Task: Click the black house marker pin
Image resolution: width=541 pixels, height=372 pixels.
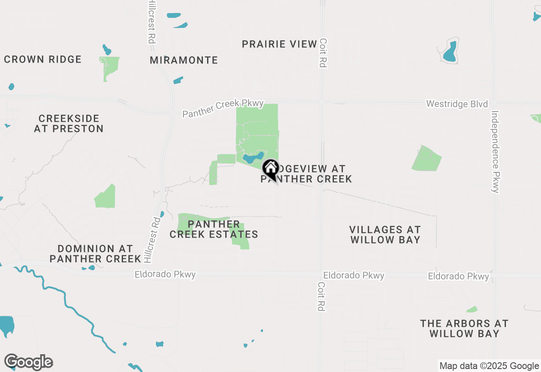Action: click(270, 169)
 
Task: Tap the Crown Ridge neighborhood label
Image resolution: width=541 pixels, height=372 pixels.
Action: click(43, 59)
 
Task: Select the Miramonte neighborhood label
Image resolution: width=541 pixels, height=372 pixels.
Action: click(184, 60)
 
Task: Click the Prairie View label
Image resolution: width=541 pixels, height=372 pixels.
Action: click(279, 44)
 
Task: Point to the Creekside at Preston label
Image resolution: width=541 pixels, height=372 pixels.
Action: click(69, 123)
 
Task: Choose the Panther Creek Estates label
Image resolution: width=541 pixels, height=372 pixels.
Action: click(214, 229)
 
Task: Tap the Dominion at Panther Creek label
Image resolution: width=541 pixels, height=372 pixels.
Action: click(95, 254)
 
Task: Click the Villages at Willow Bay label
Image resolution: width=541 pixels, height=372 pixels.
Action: click(385, 235)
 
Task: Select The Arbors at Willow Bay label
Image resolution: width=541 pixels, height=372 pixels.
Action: click(464, 328)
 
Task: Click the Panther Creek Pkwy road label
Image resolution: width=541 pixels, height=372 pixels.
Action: click(223, 109)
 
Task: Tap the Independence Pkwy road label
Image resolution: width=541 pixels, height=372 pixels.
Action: click(495, 152)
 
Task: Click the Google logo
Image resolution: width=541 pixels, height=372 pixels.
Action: click(29, 362)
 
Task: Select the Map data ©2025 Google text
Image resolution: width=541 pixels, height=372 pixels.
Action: click(489, 366)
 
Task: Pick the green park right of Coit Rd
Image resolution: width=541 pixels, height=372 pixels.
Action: click(426, 159)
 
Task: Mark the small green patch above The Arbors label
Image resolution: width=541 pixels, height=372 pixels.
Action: click(472, 309)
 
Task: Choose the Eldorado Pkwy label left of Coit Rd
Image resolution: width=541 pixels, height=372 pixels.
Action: click(165, 274)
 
